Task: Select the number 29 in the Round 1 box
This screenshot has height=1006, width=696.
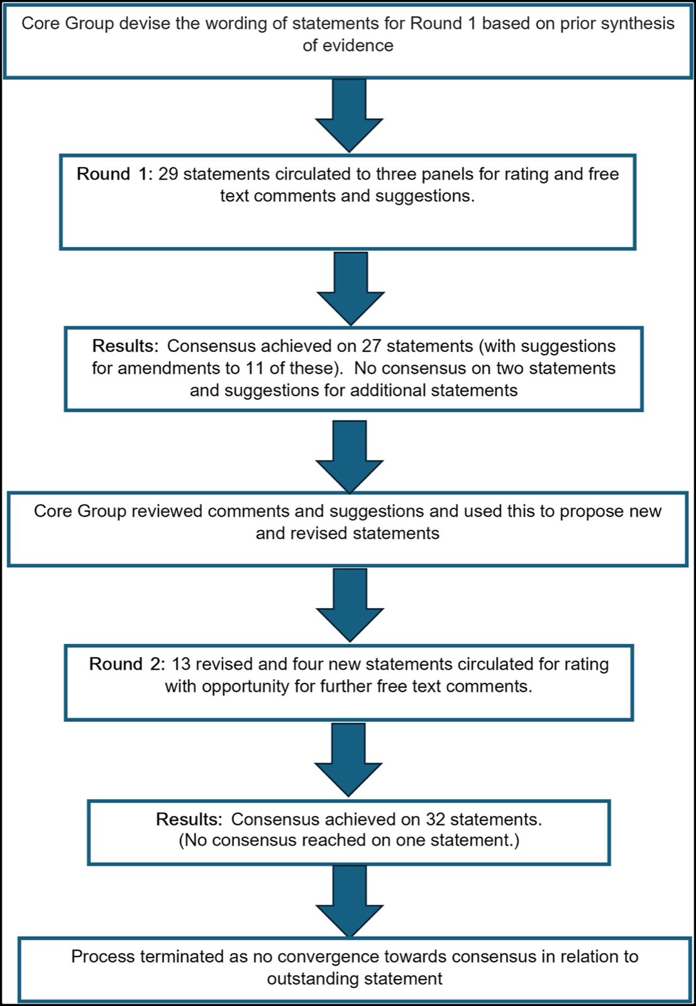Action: (x=168, y=174)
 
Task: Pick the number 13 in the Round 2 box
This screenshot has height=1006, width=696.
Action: (x=182, y=664)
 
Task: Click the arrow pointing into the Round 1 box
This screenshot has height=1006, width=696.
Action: (x=349, y=116)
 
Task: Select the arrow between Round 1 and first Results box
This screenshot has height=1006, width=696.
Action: (x=351, y=289)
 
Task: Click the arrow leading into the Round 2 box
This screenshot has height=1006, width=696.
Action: (x=350, y=605)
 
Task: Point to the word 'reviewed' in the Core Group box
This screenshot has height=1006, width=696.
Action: (x=164, y=511)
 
